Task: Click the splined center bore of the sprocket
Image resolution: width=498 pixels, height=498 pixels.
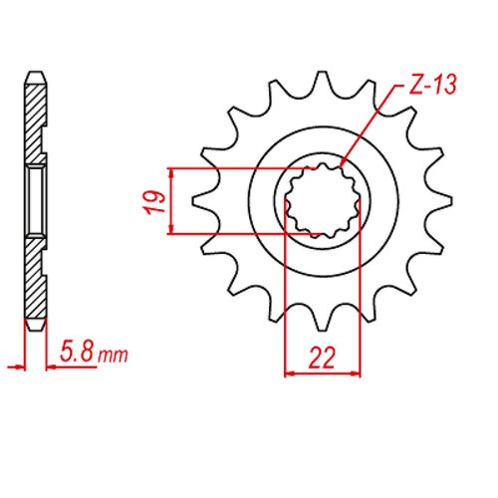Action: [322, 200]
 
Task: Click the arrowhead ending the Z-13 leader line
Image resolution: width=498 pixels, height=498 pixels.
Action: [342, 163]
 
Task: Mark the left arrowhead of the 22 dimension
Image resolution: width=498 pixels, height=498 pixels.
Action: [291, 374]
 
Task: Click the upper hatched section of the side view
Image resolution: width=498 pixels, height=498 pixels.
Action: [35, 124]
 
